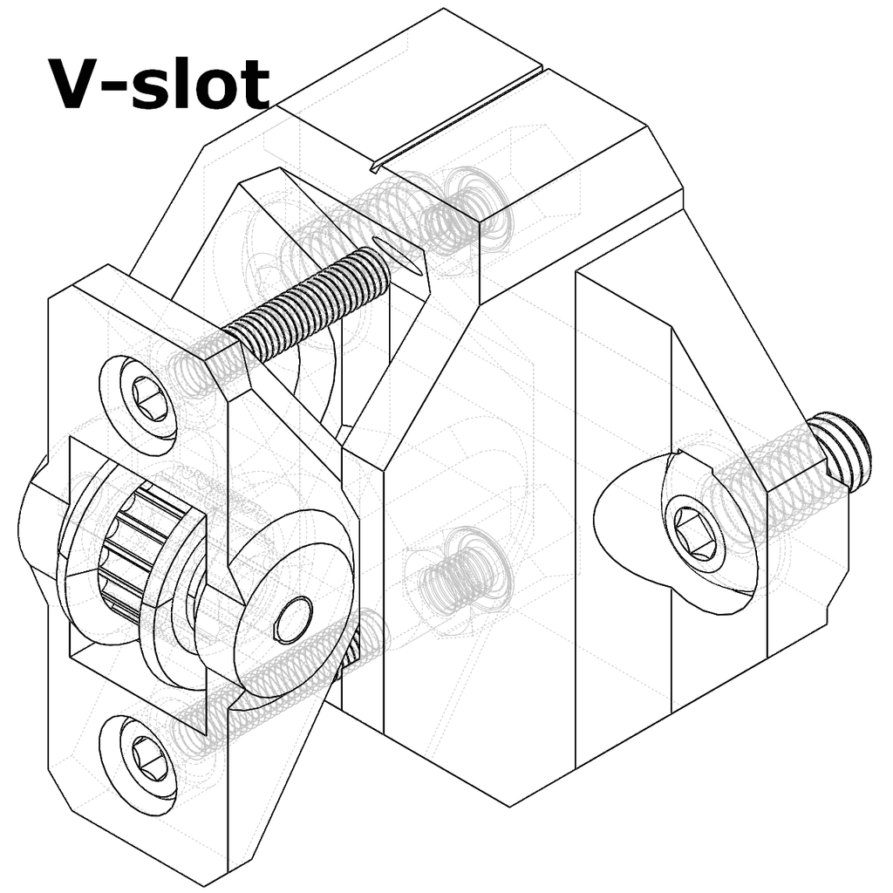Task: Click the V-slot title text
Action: [159, 85]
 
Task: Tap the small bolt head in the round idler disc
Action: [294, 620]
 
